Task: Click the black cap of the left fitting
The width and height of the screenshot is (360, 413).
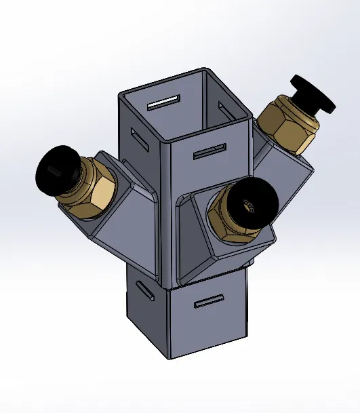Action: click(x=54, y=169)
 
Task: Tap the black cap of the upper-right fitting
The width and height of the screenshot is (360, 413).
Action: click(x=313, y=94)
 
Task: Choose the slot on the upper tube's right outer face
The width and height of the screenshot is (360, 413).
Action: click(x=209, y=151)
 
